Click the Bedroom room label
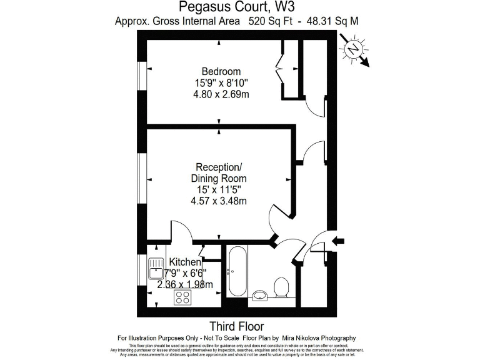(x=220, y=71)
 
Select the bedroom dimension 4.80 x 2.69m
(x=221, y=94)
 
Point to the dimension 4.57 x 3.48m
(x=218, y=201)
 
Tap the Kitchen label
(x=185, y=262)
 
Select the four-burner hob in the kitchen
(x=182, y=297)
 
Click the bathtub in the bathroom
(x=237, y=273)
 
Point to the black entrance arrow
(x=340, y=241)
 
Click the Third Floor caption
(x=236, y=326)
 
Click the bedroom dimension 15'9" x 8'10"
(x=221, y=83)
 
